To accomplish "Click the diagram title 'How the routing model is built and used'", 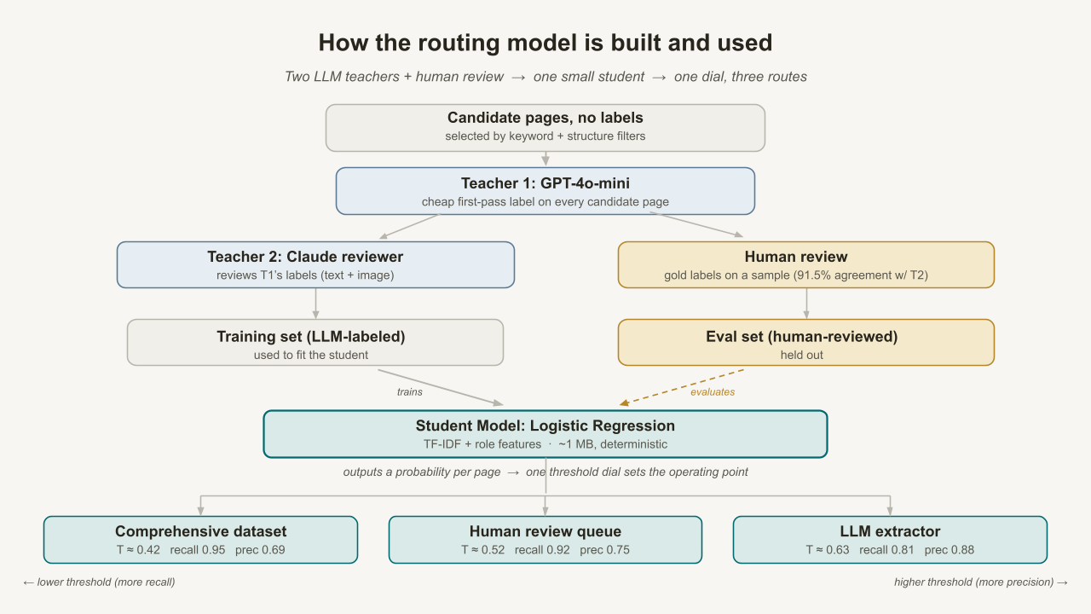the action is click(x=545, y=43).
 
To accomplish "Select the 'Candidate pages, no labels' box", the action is click(x=545, y=128).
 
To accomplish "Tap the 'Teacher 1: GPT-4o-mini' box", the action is click(x=545, y=191).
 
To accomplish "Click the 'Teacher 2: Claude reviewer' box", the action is click(x=315, y=264).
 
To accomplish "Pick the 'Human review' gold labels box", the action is click(x=806, y=264).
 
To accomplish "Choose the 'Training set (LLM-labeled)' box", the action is click(x=315, y=343).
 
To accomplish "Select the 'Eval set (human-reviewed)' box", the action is click(x=806, y=343).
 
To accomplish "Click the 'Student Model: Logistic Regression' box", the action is click(x=545, y=434).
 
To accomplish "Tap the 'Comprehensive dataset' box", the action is click(x=200, y=540).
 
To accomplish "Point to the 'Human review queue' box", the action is click(x=545, y=540).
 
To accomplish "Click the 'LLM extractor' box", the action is click(x=890, y=540).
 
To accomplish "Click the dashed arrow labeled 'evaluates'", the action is click(x=682, y=387).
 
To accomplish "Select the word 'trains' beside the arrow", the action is click(x=410, y=391).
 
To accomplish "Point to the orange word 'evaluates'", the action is click(x=713, y=391).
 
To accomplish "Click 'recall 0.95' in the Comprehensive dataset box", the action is click(x=197, y=550).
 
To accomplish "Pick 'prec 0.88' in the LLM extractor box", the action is click(x=950, y=550).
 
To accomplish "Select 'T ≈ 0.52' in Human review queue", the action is click(x=482, y=550).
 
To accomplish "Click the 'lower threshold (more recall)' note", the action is click(x=100, y=582).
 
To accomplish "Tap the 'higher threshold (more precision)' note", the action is click(x=981, y=582).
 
